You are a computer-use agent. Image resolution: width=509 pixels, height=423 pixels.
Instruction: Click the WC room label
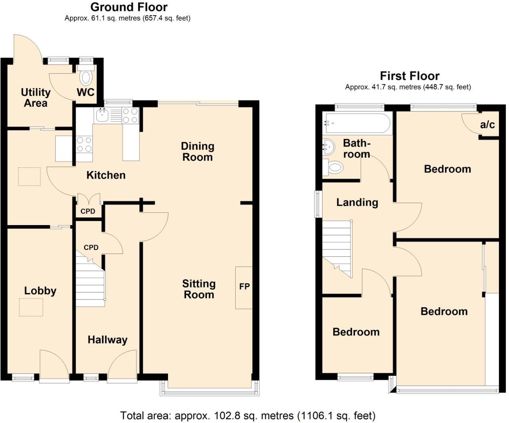coord(85,93)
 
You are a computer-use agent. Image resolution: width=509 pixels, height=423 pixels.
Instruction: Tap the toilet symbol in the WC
coord(86,76)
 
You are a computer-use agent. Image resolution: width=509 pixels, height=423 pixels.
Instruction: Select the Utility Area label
coord(36,98)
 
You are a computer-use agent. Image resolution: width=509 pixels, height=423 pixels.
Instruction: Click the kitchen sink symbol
coord(103,116)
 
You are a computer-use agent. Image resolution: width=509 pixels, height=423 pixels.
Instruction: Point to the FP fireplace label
coord(244,286)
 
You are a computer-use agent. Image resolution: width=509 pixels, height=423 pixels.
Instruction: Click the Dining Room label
coord(197,151)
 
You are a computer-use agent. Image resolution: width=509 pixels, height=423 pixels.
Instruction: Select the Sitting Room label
coord(198,289)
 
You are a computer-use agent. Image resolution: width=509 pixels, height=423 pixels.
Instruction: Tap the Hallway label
coord(107,340)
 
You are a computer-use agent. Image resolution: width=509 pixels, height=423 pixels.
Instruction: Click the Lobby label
coord(40,290)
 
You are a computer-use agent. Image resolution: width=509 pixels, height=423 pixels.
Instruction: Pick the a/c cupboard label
coord(487,125)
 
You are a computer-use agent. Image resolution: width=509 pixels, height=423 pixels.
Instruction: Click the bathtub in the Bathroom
coord(357,123)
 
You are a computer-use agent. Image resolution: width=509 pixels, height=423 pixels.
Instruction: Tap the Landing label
coord(357,202)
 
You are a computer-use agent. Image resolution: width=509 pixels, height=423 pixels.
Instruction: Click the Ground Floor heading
coord(129,7)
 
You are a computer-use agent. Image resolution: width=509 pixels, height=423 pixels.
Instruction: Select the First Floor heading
coord(409,76)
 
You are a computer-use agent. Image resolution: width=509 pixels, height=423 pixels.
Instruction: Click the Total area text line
coord(248,415)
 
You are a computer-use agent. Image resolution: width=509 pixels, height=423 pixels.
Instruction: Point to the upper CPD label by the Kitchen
coord(88,211)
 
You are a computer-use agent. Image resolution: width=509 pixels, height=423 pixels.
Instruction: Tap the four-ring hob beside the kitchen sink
coord(130,116)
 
